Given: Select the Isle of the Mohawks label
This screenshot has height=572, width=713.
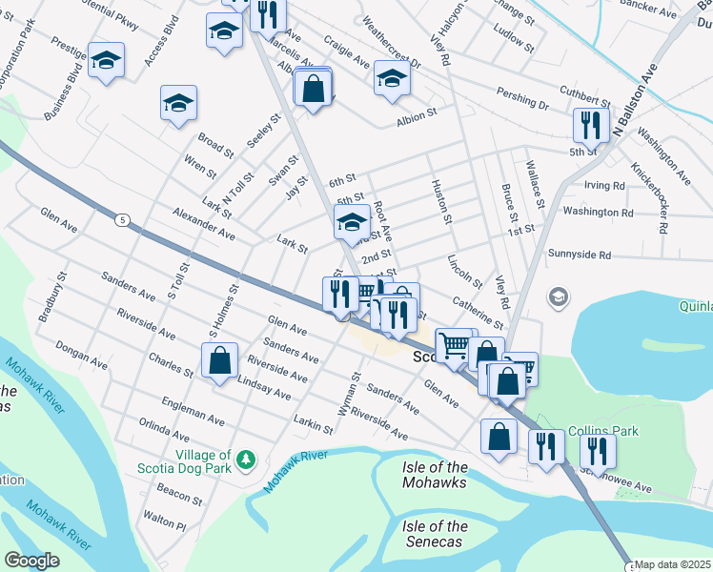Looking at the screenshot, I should tap(435, 475).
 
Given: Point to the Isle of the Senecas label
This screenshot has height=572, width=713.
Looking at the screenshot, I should tap(435, 534).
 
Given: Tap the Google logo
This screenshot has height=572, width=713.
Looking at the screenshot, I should tap(31, 561).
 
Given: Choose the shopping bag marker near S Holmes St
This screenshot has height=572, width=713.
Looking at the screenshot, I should tap(220, 361).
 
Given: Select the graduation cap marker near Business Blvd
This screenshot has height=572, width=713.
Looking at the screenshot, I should tap(106, 60).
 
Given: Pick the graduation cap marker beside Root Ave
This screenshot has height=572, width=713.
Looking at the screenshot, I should tap(353, 223).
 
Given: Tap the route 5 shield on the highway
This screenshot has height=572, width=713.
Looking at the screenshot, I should tap(122, 220).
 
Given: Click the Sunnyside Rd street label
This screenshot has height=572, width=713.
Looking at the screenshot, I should tap(592, 255).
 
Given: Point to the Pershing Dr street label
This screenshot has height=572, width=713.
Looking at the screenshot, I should tap(522, 97).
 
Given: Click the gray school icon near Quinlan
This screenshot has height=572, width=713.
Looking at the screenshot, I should tap(558, 298).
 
